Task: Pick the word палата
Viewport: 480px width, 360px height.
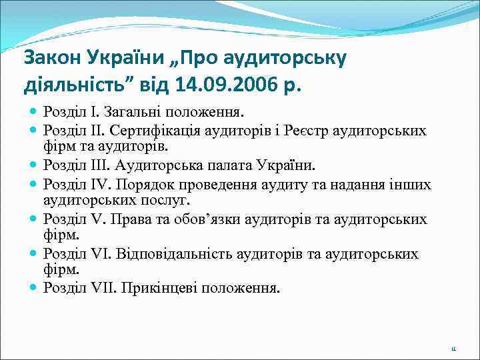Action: [x=219, y=165]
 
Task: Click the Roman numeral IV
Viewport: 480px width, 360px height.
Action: [x=99, y=183]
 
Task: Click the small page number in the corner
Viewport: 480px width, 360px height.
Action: [x=453, y=348]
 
